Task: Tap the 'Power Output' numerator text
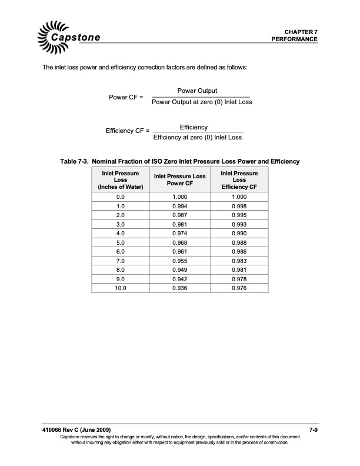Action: coord(197,91)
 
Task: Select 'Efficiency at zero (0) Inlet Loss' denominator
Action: coord(198,138)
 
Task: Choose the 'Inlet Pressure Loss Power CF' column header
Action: coord(179,179)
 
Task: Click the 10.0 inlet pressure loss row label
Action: coord(121,289)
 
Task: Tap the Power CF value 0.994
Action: coord(179,207)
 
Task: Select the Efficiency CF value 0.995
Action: coord(239,215)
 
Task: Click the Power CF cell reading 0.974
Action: coord(179,234)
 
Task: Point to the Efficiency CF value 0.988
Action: coord(239,243)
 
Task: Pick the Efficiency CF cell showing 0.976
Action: coord(239,289)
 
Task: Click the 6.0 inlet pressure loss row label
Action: coord(121,252)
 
